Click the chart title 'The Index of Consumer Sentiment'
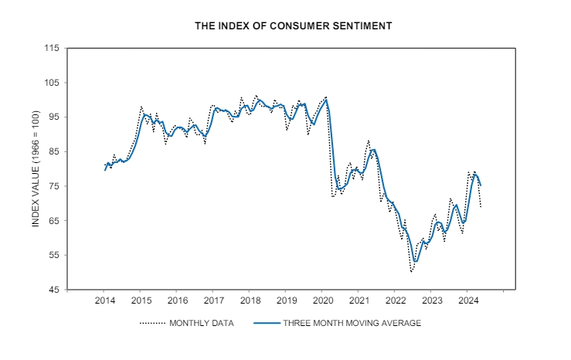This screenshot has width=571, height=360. [x=293, y=25]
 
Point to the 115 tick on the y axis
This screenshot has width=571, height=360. [x=52, y=48]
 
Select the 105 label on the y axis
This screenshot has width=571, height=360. [x=52, y=83]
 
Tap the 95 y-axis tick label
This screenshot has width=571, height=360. [x=54, y=117]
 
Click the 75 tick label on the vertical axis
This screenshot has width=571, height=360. [x=54, y=186]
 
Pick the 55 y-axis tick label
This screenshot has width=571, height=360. [x=54, y=255]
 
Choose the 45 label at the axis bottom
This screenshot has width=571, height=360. [x=54, y=290]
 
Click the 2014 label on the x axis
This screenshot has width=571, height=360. [x=105, y=301]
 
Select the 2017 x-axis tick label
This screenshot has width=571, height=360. [x=214, y=301]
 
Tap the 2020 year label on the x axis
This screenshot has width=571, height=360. [x=324, y=301]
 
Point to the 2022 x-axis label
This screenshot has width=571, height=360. [x=396, y=301]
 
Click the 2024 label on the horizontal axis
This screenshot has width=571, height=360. [x=469, y=301]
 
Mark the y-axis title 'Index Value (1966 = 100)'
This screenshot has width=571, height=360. [x=36, y=169]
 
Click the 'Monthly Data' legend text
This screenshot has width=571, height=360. [x=202, y=323]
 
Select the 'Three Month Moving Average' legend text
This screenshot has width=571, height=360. [x=352, y=323]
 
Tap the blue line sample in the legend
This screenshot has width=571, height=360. [x=267, y=323]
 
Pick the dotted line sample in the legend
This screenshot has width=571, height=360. [x=153, y=323]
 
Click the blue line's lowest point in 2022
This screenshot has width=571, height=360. [x=416, y=261]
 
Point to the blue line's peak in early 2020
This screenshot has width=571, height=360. [x=326, y=100]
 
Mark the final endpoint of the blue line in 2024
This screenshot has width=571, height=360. [x=481, y=185]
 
